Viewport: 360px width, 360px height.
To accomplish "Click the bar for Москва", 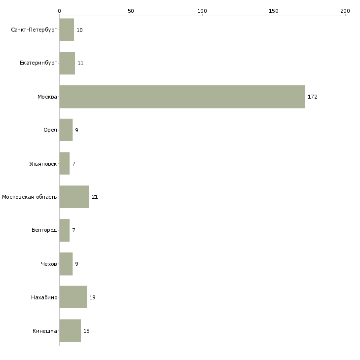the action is point(182,97).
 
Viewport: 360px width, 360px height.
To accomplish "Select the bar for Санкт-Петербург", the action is point(67,30).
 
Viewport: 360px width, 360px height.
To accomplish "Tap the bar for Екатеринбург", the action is point(67,63).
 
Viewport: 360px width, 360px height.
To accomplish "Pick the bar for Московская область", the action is point(74,197).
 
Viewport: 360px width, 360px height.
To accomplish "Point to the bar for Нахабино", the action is point(73,297).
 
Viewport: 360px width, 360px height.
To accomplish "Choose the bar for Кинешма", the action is point(70,330).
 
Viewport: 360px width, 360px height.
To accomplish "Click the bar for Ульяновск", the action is point(65,163).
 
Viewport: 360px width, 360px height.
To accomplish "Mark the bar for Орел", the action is point(66,130).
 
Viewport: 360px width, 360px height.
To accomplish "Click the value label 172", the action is point(313,97).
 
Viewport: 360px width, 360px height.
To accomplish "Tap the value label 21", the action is point(95,197).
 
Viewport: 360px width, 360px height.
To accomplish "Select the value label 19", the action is point(92,297).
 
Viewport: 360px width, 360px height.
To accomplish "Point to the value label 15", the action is point(86,331).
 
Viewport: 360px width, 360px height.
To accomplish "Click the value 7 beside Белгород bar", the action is point(73,230).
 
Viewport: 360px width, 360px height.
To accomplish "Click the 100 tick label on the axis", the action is point(202,11).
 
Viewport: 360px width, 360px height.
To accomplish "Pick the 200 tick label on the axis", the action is point(345,11).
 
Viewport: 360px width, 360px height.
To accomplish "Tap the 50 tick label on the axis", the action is point(131,11).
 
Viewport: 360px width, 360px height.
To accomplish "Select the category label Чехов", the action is point(49,264).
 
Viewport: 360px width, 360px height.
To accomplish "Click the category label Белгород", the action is point(44,230).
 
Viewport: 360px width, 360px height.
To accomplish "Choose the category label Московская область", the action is point(30,197).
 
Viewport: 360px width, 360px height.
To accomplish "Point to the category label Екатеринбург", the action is point(38,63).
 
